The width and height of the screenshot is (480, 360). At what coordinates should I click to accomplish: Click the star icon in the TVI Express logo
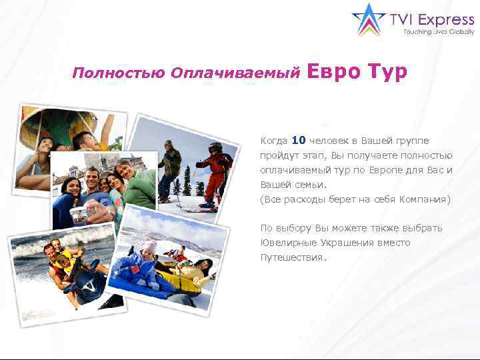click(369, 19)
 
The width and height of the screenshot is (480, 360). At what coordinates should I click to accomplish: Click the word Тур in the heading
click(385, 72)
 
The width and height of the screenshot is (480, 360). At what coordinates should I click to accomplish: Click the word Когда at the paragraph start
click(274, 141)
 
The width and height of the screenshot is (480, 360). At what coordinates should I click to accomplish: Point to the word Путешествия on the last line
click(292, 257)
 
